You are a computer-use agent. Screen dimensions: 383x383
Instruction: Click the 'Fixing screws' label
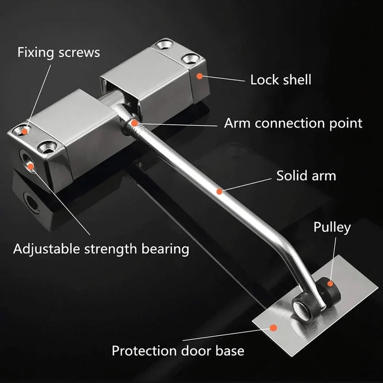point(59,53)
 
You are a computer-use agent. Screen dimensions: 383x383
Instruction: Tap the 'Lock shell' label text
point(281,80)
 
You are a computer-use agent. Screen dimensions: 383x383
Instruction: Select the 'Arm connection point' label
point(293,123)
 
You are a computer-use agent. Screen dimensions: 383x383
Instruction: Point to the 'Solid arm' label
point(306,176)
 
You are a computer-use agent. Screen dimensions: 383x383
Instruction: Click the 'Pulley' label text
point(332,228)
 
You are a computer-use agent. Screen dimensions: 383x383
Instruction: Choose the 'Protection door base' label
point(178,351)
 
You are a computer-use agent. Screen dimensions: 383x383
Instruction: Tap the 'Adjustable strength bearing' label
point(101,249)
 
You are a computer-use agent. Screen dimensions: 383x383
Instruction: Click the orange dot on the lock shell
point(200,76)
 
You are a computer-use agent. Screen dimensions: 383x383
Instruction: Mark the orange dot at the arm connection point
point(135,123)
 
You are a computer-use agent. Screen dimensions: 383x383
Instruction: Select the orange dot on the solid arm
point(219,191)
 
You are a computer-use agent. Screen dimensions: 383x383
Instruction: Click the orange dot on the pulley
point(330,283)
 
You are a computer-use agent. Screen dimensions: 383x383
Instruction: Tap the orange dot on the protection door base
point(274,328)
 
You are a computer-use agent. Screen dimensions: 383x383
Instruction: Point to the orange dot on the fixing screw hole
point(25,132)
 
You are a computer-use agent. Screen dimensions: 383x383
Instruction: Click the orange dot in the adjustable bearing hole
point(31,166)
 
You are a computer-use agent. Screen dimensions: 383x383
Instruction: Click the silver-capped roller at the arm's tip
point(303,307)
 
